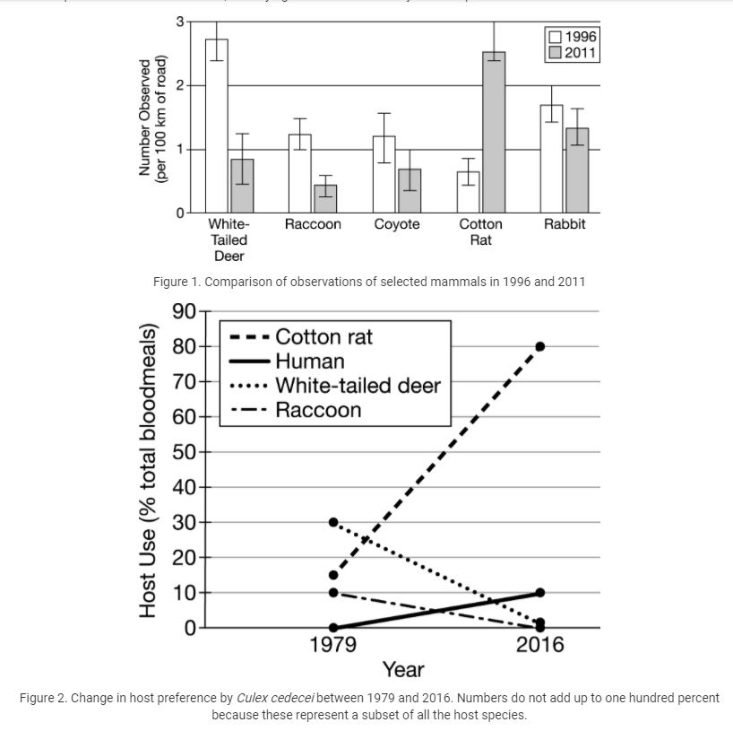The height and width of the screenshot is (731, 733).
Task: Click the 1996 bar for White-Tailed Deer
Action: point(217,126)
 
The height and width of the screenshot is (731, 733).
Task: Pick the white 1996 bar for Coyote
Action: point(384,174)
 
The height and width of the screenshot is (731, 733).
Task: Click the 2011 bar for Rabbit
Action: point(577,170)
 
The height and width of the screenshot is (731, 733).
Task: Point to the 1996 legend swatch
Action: point(556,37)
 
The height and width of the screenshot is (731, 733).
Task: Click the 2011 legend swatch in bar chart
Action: point(556,53)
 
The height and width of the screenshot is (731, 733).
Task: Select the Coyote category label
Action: point(397,224)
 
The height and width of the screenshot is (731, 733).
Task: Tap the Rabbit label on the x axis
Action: point(565,224)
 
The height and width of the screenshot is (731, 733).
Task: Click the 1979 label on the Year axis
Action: point(332,645)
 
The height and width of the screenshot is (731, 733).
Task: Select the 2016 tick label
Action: point(540,645)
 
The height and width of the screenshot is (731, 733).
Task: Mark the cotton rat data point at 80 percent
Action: point(540,346)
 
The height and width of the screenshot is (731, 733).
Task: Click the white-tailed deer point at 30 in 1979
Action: point(333,522)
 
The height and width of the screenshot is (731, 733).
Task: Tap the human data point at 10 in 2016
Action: point(540,592)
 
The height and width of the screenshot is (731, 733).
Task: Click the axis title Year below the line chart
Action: point(403,669)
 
